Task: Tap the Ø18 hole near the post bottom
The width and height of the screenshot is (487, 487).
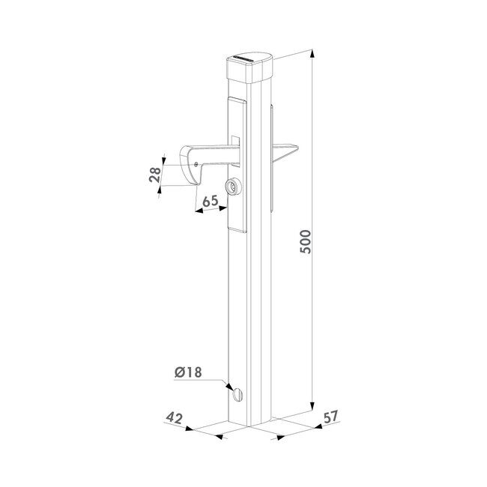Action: (238, 393)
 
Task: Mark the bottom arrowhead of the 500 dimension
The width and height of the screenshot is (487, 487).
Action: (313, 409)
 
